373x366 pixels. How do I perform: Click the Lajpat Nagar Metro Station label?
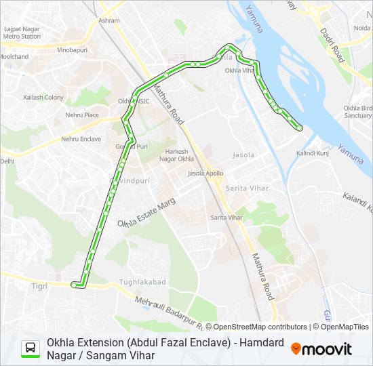(x=22, y=33)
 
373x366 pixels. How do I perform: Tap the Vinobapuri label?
(x=72, y=50)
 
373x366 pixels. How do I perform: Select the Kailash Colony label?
(x=43, y=98)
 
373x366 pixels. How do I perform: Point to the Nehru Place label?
(x=82, y=115)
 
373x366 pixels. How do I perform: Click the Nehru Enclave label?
(x=81, y=139)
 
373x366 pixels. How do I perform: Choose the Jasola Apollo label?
(x=205, y=174)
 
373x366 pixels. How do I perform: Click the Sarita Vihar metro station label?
(x=227, y=218)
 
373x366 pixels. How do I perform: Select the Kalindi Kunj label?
(x=312, y=154)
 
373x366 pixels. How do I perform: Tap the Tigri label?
(x=39, y=286)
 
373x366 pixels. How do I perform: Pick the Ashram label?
(x=109, y=21)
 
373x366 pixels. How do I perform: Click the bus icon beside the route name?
(x=31, y=348)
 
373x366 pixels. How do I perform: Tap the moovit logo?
(x=321, y=349)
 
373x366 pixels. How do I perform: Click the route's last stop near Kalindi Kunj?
(x=299, y=127)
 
